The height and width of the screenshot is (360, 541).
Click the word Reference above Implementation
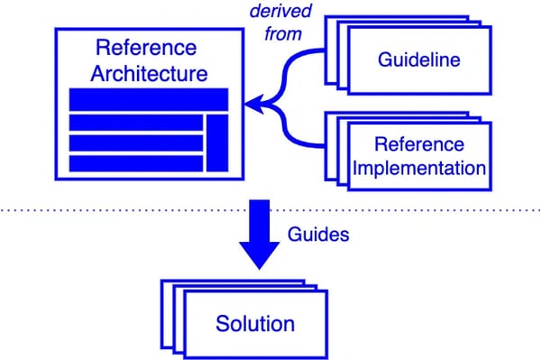click(x=419, y=144)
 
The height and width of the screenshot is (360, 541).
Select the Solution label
click(x=255, y=323)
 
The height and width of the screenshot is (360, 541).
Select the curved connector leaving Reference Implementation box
click(x=307, y=143)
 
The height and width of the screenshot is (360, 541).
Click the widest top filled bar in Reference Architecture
click(x=149, y=99)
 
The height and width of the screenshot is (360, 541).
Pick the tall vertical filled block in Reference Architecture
click(x=216, y=143)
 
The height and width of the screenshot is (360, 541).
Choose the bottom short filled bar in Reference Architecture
click(x=135, y=163)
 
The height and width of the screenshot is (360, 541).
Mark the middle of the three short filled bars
click(x=135, y=143)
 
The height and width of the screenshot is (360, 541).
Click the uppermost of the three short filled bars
click(x=135, y=122)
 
